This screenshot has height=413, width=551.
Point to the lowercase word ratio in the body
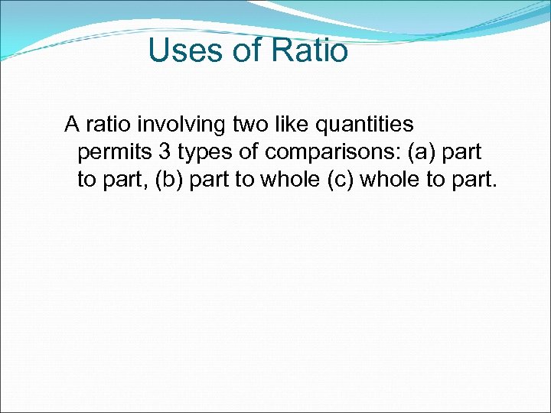pos(109,123)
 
